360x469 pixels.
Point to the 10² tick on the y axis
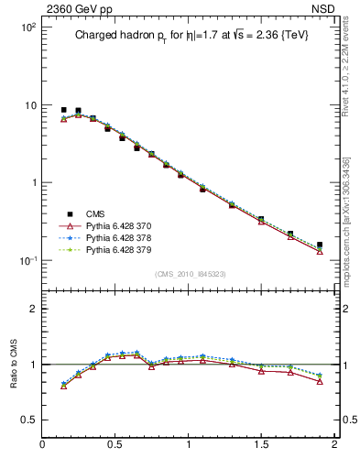(27, 27)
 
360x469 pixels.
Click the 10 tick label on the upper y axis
(29, 105)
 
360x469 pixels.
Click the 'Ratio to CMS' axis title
(16, 364)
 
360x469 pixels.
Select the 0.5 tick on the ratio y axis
(28, 420)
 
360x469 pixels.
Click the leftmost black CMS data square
(63, 110)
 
